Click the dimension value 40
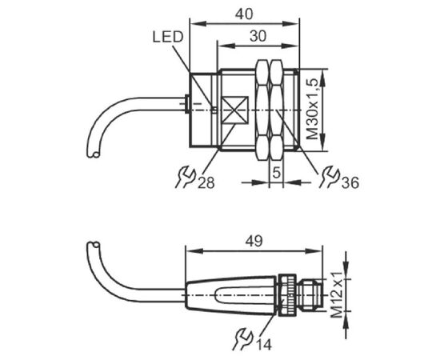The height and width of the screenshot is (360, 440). pos(244,14)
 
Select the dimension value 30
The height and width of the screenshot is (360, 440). pos(258,36)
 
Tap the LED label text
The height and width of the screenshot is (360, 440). pos(168,37)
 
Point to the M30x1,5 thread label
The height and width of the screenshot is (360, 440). pos(312,109)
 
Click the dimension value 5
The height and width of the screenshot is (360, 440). pos(277,172)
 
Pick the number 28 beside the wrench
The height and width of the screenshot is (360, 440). pos(206,182)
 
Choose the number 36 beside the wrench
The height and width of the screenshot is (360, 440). pos(350,182)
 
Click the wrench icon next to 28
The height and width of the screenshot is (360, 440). pos(186,177)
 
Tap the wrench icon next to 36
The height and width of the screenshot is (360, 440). pos(329,177)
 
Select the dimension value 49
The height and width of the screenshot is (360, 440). pos(254,241)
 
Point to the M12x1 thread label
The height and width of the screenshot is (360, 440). pos(337,294)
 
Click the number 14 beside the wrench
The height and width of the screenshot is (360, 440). pos(264,345)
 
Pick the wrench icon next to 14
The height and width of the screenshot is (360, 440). pos(243,339)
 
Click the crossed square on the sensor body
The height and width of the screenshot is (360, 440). pos(235,110)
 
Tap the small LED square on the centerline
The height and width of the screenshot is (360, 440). pos(214,110)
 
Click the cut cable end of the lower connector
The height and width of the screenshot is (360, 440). pos(94,245)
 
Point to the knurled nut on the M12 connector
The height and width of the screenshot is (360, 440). pos(286,295)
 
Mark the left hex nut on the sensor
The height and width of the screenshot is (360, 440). pos(262,110)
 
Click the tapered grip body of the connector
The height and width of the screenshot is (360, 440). pos(230,295)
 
